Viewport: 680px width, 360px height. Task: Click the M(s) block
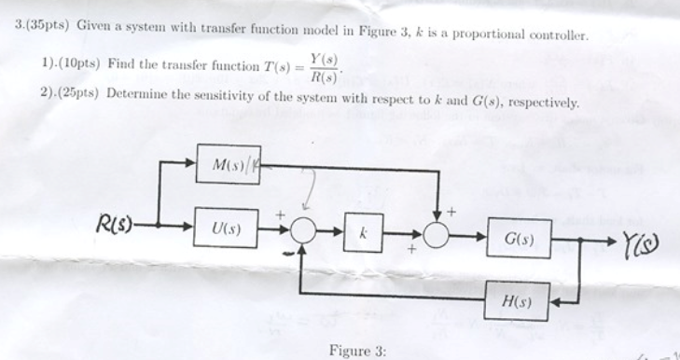(230, 165)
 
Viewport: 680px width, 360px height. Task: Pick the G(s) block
(519, 239)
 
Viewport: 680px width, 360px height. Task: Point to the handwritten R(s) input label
(116, 224)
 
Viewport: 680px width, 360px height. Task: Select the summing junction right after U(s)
(301, 229)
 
